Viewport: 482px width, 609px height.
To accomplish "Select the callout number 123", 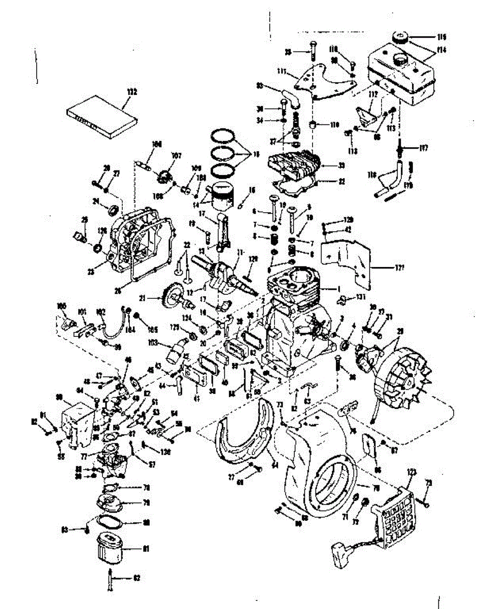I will (x=411, y=472).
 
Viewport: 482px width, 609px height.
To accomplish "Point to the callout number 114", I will (x=441, y=50).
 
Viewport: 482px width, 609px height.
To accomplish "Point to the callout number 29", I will (x=400, y=331).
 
